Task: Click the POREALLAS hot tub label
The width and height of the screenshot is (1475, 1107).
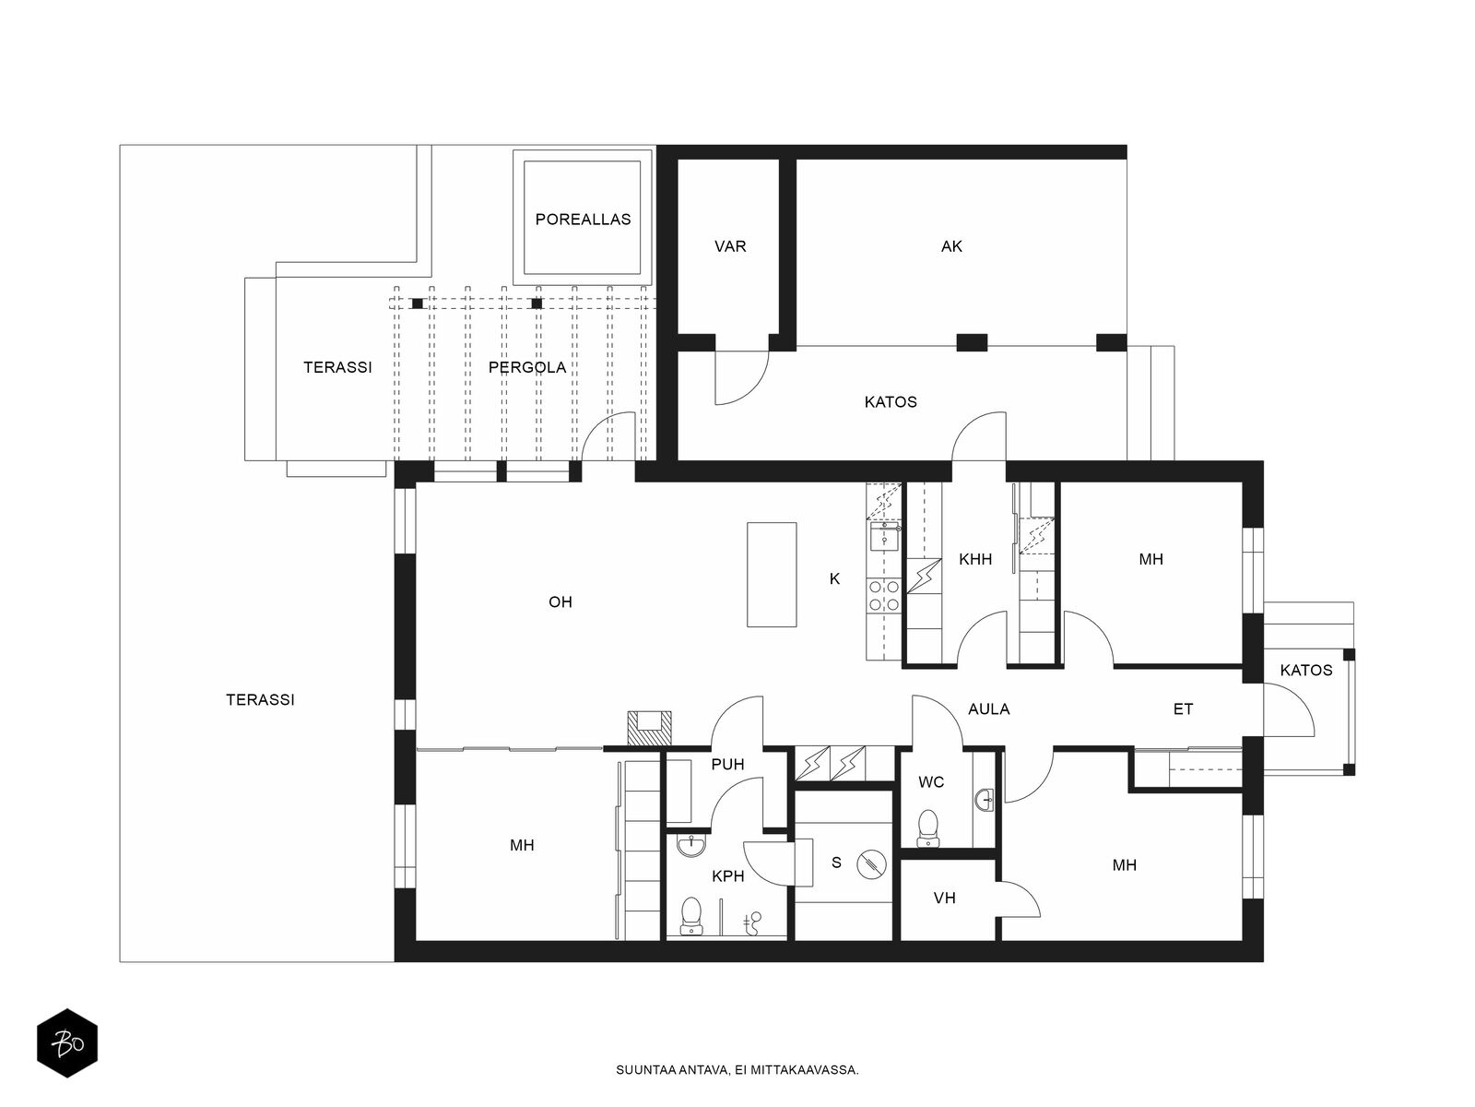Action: click(x=583, y=220)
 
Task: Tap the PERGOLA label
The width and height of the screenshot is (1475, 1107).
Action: click(x=526, y=367)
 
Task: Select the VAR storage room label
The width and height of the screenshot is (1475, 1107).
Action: click(x=730, y=246)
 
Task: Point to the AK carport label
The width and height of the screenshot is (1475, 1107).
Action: click(x=950, y=246)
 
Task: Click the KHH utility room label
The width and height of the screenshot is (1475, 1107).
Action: click(x=975, y=558)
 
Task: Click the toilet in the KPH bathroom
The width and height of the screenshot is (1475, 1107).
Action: click(x=690, y=915)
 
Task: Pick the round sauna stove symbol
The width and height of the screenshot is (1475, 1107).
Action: click(x=871, y=864)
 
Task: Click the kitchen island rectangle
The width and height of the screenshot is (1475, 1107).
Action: click(x=772, y=575)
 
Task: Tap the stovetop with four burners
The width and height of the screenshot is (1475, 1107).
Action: click(x=884, y=596)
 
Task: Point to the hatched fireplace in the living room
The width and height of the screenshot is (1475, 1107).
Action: click(x=649, y=728)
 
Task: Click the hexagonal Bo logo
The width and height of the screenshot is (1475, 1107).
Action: click(x=67, y=1043)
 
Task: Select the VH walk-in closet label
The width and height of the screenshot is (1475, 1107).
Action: click(x=944, y=898)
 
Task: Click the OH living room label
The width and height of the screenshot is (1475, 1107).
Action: click(x=560, y=601)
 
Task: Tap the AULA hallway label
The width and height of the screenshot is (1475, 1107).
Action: click(x=988, y=708)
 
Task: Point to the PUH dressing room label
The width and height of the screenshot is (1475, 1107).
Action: click(x=727, y=764)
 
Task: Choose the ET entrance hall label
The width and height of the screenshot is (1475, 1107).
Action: click(x=1183, y=708)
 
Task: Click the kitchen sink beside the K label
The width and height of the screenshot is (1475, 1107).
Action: click(x=884, y=536)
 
